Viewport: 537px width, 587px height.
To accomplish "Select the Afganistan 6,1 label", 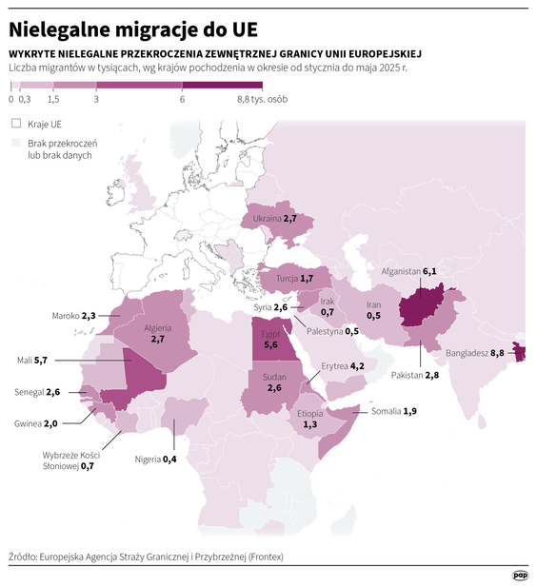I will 408,272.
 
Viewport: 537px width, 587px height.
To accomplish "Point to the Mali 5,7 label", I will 32,361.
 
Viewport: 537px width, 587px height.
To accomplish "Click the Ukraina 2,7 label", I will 275,218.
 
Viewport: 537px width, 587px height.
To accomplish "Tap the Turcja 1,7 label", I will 294,279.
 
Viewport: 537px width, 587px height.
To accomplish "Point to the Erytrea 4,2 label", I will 343,365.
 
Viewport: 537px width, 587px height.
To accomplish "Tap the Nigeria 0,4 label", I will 156,460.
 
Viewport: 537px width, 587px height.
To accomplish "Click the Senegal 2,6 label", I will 39,392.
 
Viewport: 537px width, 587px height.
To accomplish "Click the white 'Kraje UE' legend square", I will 15,124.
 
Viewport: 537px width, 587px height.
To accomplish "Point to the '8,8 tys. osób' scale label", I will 261,99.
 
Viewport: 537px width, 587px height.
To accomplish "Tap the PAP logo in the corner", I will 520,574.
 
